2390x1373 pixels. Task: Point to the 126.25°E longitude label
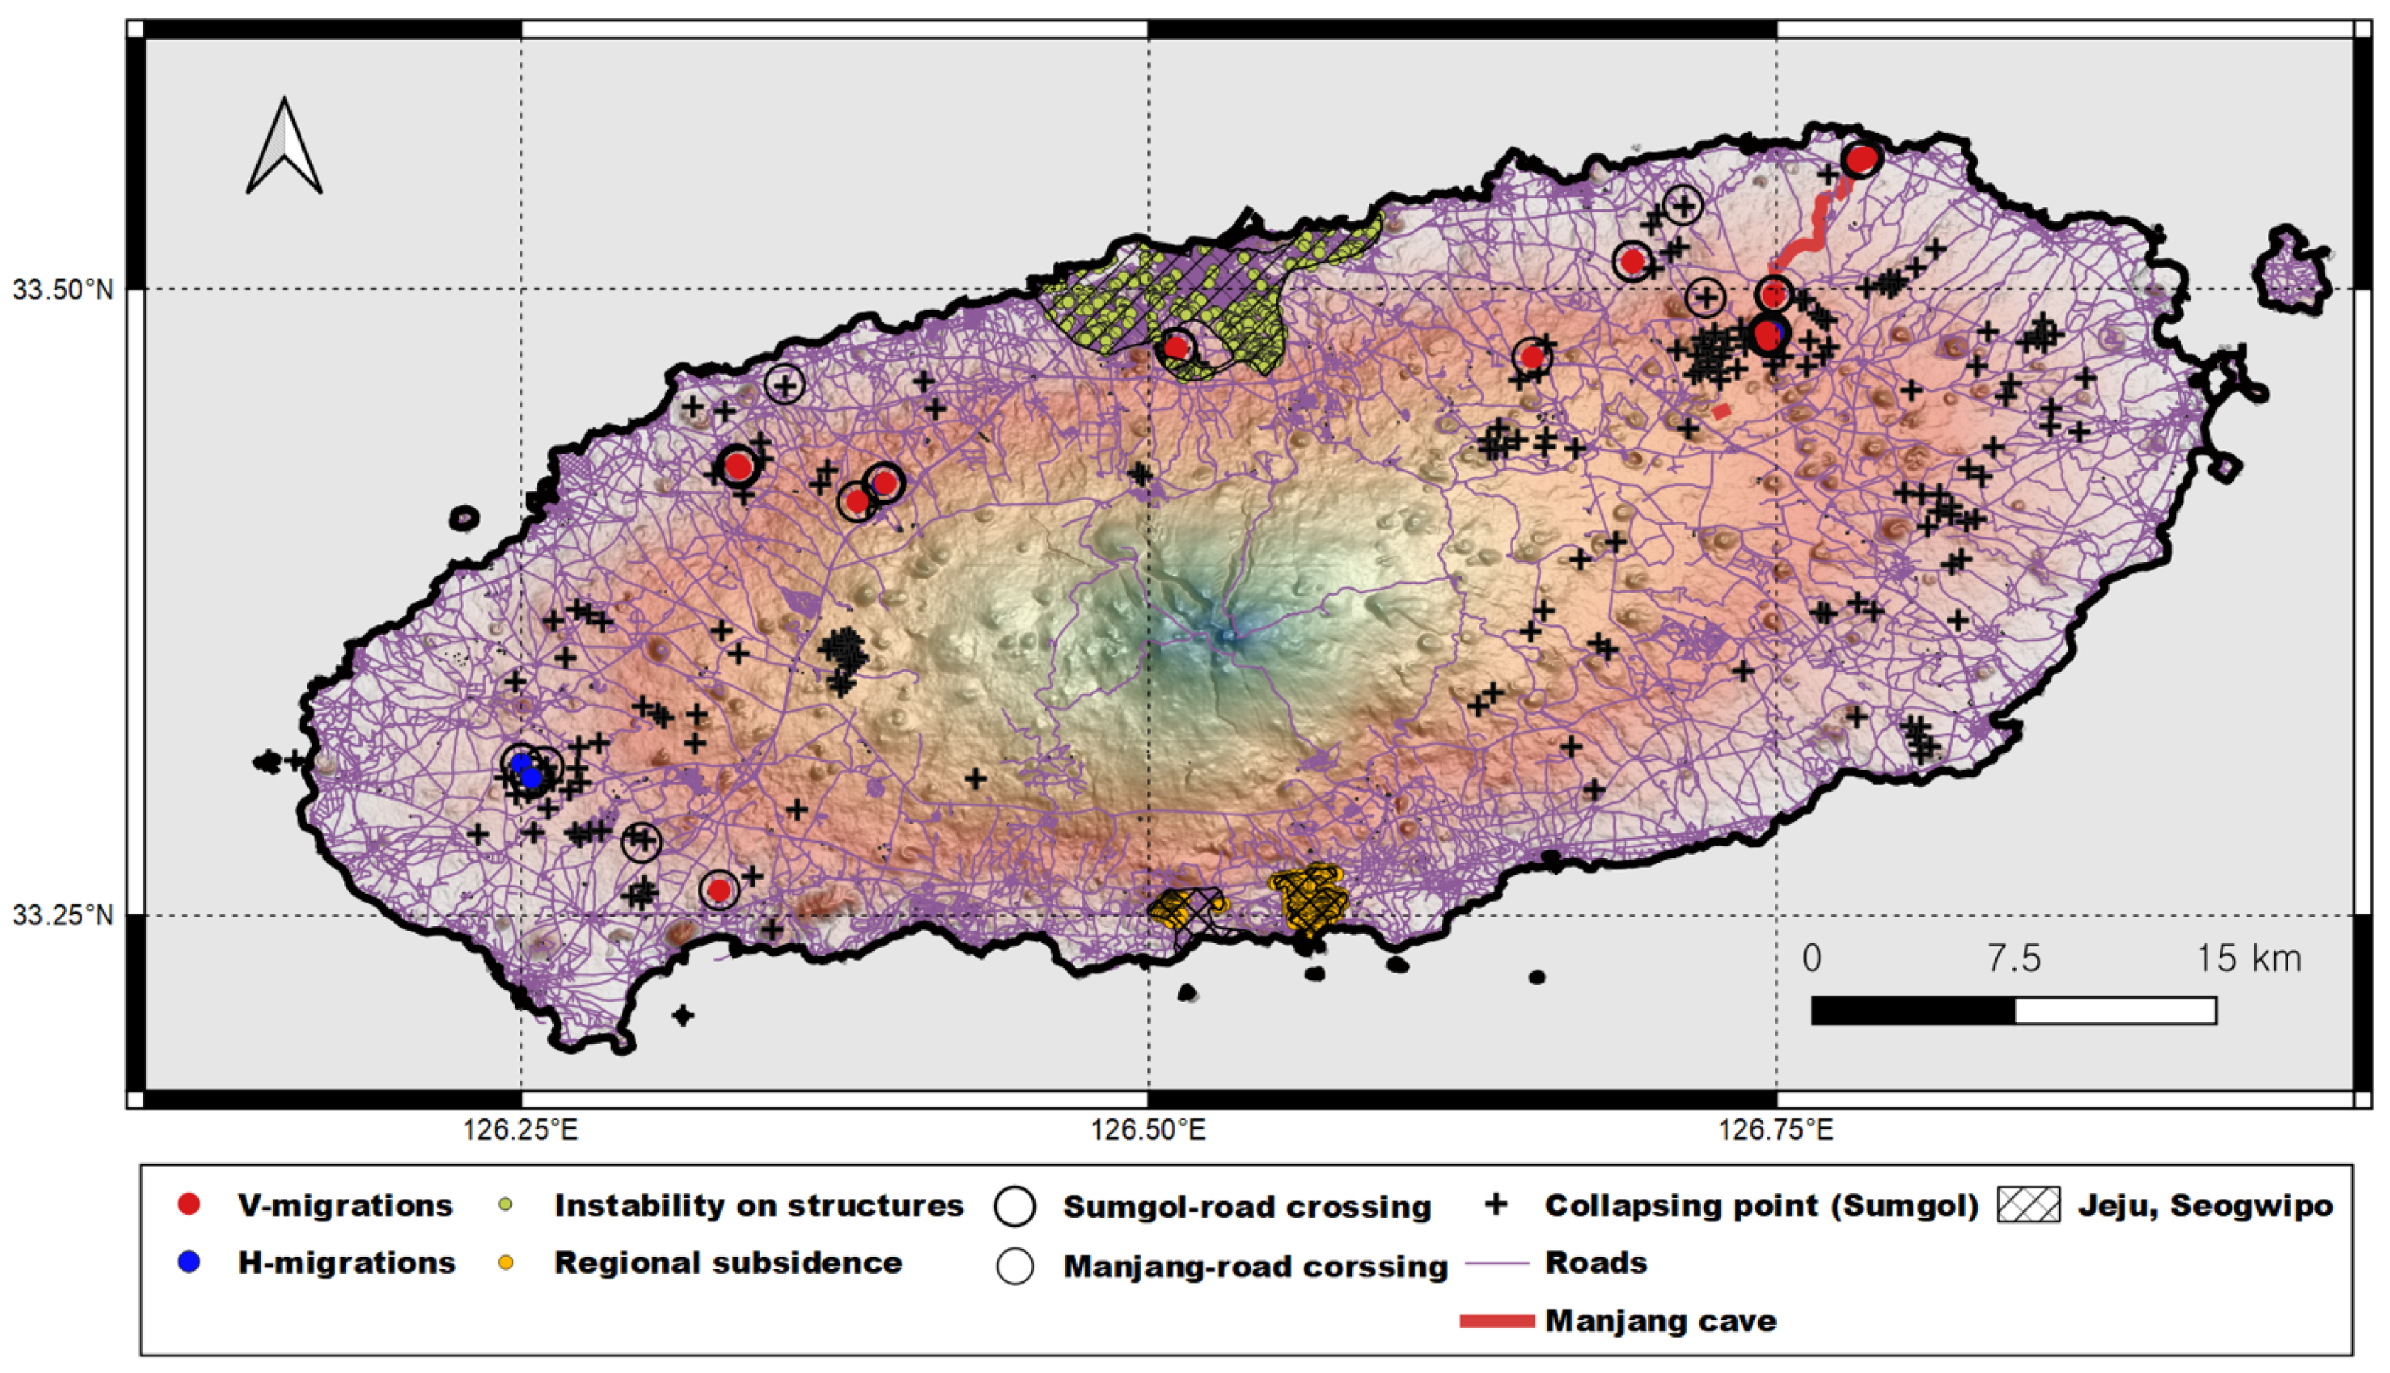pos(520,1129)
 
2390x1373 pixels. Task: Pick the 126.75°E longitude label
pos(1776,1129)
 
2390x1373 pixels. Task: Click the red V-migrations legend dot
pos(190,1204)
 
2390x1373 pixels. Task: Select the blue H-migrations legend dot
pos(190,1262)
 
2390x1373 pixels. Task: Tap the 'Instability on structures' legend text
pos(758,1205)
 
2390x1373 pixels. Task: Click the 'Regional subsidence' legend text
pos(728,1263)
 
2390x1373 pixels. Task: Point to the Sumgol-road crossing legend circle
pos(1015,1207)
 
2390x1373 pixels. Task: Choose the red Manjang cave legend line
pos(1496,1321)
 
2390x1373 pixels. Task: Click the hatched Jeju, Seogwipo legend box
pos(2027,1205)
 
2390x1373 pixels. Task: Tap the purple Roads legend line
pos(1496,1263)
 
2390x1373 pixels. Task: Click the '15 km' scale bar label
pos(2249,958)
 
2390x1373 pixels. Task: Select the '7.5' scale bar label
pos(2014,958)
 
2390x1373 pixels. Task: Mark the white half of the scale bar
pos(2115,1010)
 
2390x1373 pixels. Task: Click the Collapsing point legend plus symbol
pos(1496,1204)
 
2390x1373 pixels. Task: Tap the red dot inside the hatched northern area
pos(1175,347)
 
